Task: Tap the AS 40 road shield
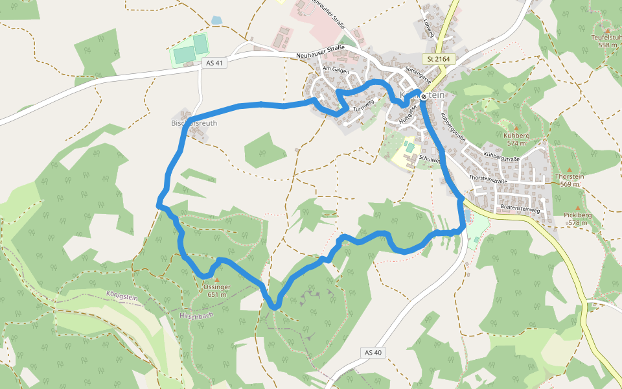(373, 352)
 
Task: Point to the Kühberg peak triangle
(516, 128)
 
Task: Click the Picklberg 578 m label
(577, 218)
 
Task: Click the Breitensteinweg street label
(520, 209)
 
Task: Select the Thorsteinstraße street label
(487, 180)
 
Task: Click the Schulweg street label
(430, 159)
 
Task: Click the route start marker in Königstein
(423, 97)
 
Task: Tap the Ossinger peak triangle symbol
(216, 279)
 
